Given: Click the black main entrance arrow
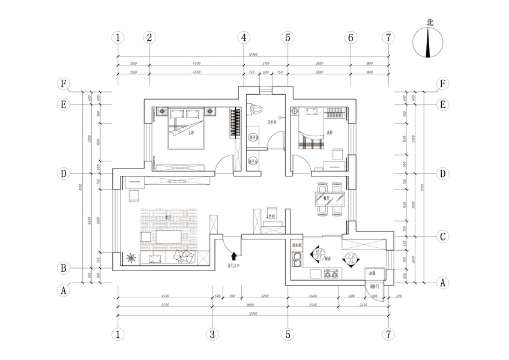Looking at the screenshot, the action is [x=233, y=256].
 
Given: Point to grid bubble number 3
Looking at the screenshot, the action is [x=212, y=334].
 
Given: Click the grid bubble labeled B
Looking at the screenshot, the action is [x=62, y=268].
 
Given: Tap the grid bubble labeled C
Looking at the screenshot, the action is [x=442, y=237].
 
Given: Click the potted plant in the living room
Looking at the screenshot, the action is [x=130, y=259].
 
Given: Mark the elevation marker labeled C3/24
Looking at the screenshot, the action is [x=352, y=259].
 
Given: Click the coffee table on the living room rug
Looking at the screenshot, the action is [x=167, y=236].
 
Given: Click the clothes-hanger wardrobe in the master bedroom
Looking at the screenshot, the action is [x=234, y=122].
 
